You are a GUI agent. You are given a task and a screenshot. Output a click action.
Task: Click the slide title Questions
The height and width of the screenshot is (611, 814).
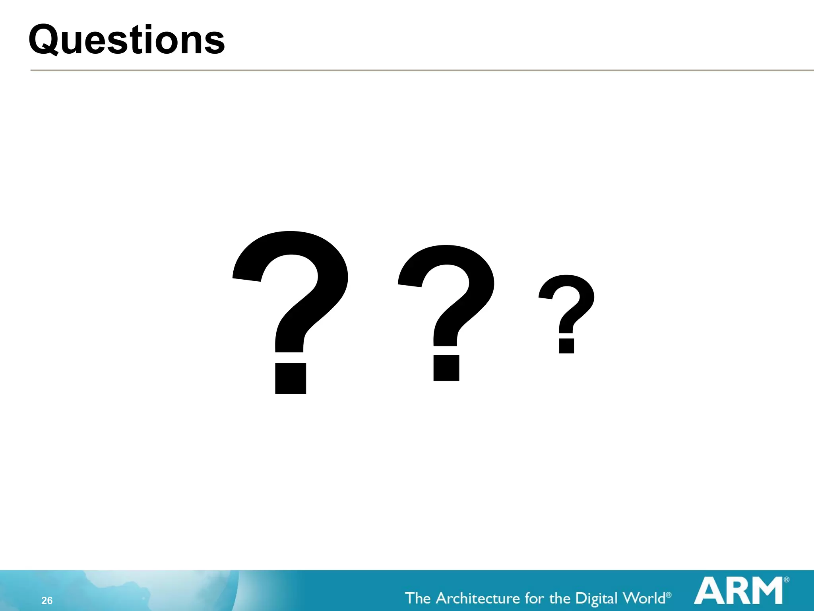(126, 40)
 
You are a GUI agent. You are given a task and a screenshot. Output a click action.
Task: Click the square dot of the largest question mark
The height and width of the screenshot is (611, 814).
(291, 378)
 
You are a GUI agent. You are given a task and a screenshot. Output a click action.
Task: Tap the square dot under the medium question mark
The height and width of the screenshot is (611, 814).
(446, 368)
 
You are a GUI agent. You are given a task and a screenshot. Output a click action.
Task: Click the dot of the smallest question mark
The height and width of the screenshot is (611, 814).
(566, 346)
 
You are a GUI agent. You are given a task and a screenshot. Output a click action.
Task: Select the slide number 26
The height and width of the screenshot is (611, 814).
(47, 601)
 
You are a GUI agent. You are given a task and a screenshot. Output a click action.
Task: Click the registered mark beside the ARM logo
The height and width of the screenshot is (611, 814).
(787, 580)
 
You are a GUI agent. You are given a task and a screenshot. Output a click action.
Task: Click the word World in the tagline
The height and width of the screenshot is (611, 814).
(644, 598)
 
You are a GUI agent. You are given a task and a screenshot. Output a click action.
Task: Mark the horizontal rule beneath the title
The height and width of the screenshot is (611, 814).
(421, 70)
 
